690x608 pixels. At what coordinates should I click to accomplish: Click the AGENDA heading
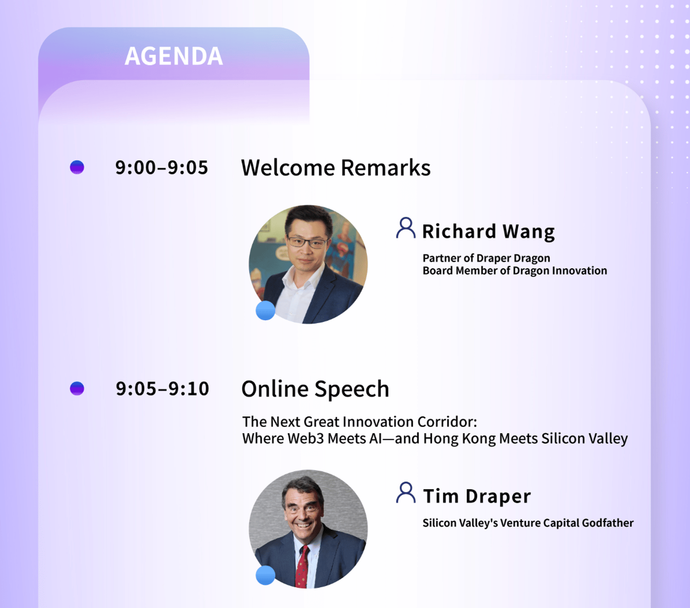coord(174,56)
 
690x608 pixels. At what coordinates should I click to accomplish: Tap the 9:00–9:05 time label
coord(162,168)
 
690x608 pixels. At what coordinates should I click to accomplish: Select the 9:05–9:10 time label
coord(162,389)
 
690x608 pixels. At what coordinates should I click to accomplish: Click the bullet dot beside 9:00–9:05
coord(77,167)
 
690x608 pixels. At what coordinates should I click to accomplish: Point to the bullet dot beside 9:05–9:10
coord(77,389)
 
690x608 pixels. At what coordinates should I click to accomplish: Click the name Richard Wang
coord(488,232)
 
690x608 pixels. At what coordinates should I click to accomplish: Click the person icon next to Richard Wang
coord(406,228)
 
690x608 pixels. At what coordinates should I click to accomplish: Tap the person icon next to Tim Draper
coord(406,493)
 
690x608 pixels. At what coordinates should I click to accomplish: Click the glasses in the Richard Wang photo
coord(307,242)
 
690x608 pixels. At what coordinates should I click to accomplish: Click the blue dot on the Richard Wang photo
coord(266,310)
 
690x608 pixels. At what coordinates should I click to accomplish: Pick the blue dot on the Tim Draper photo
coord(266,575)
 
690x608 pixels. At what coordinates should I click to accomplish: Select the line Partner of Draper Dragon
coord(486,259)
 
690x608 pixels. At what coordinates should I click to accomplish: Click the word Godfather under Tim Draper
coord(608,523)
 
